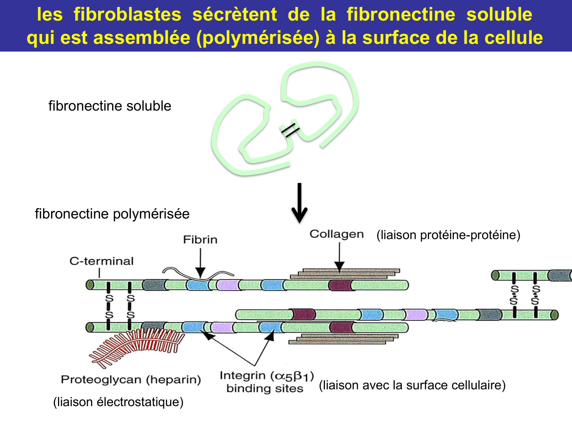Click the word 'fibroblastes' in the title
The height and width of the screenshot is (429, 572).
[127, 14]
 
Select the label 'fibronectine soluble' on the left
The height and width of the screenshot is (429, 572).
[110, 106]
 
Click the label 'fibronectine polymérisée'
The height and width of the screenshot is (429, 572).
[112, 214]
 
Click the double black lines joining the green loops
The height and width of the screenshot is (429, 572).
[290, 130]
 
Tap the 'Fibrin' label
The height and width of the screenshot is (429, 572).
[200, 239]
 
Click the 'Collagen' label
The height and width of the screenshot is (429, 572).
[336, 234]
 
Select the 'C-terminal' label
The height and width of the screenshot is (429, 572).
[101, 261]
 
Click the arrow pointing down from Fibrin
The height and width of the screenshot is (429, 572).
[200, 263]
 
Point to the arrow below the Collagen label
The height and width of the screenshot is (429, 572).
[339, 257]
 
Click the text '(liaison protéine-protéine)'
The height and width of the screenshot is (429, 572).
[448, 235]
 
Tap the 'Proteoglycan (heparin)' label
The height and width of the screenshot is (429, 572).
[131, 380]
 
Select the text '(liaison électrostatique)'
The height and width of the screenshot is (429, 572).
[118, 402]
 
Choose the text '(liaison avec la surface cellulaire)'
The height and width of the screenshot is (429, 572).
[412, 385]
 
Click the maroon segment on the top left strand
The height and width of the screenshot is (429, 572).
[340, 285]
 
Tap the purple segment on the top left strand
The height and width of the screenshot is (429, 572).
[227, 285]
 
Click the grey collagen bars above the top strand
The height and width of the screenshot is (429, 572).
[345, 273]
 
